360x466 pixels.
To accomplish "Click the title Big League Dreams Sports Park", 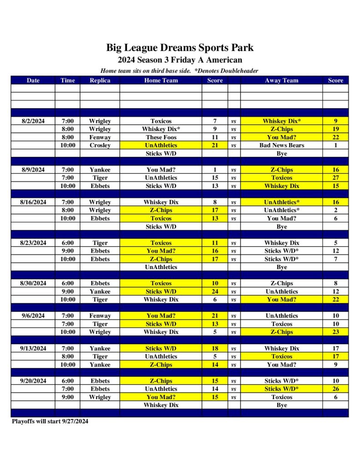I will point(180,47).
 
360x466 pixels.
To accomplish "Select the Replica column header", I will point(100,81).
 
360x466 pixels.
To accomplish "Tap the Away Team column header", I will point(281,81).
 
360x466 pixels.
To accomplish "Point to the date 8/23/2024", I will point(33,243).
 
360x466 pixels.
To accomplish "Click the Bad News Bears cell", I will point(281,146).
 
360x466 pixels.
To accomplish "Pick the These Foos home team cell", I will point(161,137).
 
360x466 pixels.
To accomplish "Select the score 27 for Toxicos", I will point(335,178).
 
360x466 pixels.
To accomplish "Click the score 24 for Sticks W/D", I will point(215,292).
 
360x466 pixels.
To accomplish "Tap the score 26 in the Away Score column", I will point(335,389).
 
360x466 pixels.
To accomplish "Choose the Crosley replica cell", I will point(100,146).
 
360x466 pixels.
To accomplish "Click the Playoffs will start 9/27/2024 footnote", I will point(50,421).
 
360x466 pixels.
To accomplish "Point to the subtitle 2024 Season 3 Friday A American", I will point(180,60).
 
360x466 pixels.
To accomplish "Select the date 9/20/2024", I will point(33,381).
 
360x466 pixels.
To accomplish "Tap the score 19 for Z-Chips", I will point(335,129).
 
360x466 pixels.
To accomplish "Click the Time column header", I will point(67,81).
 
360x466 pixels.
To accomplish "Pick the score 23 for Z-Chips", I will point(335,332).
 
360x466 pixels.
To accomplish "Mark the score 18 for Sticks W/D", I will point(215,349).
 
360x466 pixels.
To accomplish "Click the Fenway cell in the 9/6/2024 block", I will point(100,316).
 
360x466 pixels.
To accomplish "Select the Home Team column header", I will point(161,81).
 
